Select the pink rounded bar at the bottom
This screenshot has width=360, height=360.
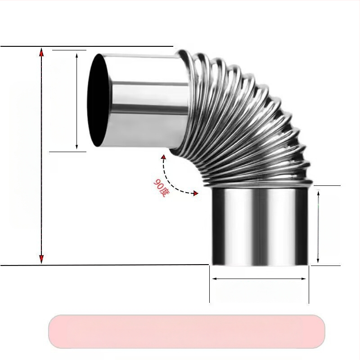186,331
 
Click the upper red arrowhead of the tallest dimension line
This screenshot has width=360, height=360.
41,52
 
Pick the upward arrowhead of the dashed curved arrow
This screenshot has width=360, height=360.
163,157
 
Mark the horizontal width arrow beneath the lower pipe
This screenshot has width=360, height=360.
259,279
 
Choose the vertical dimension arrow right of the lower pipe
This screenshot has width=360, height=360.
318,226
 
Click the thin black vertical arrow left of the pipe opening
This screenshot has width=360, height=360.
77,101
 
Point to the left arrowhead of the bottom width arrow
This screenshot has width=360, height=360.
214,279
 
